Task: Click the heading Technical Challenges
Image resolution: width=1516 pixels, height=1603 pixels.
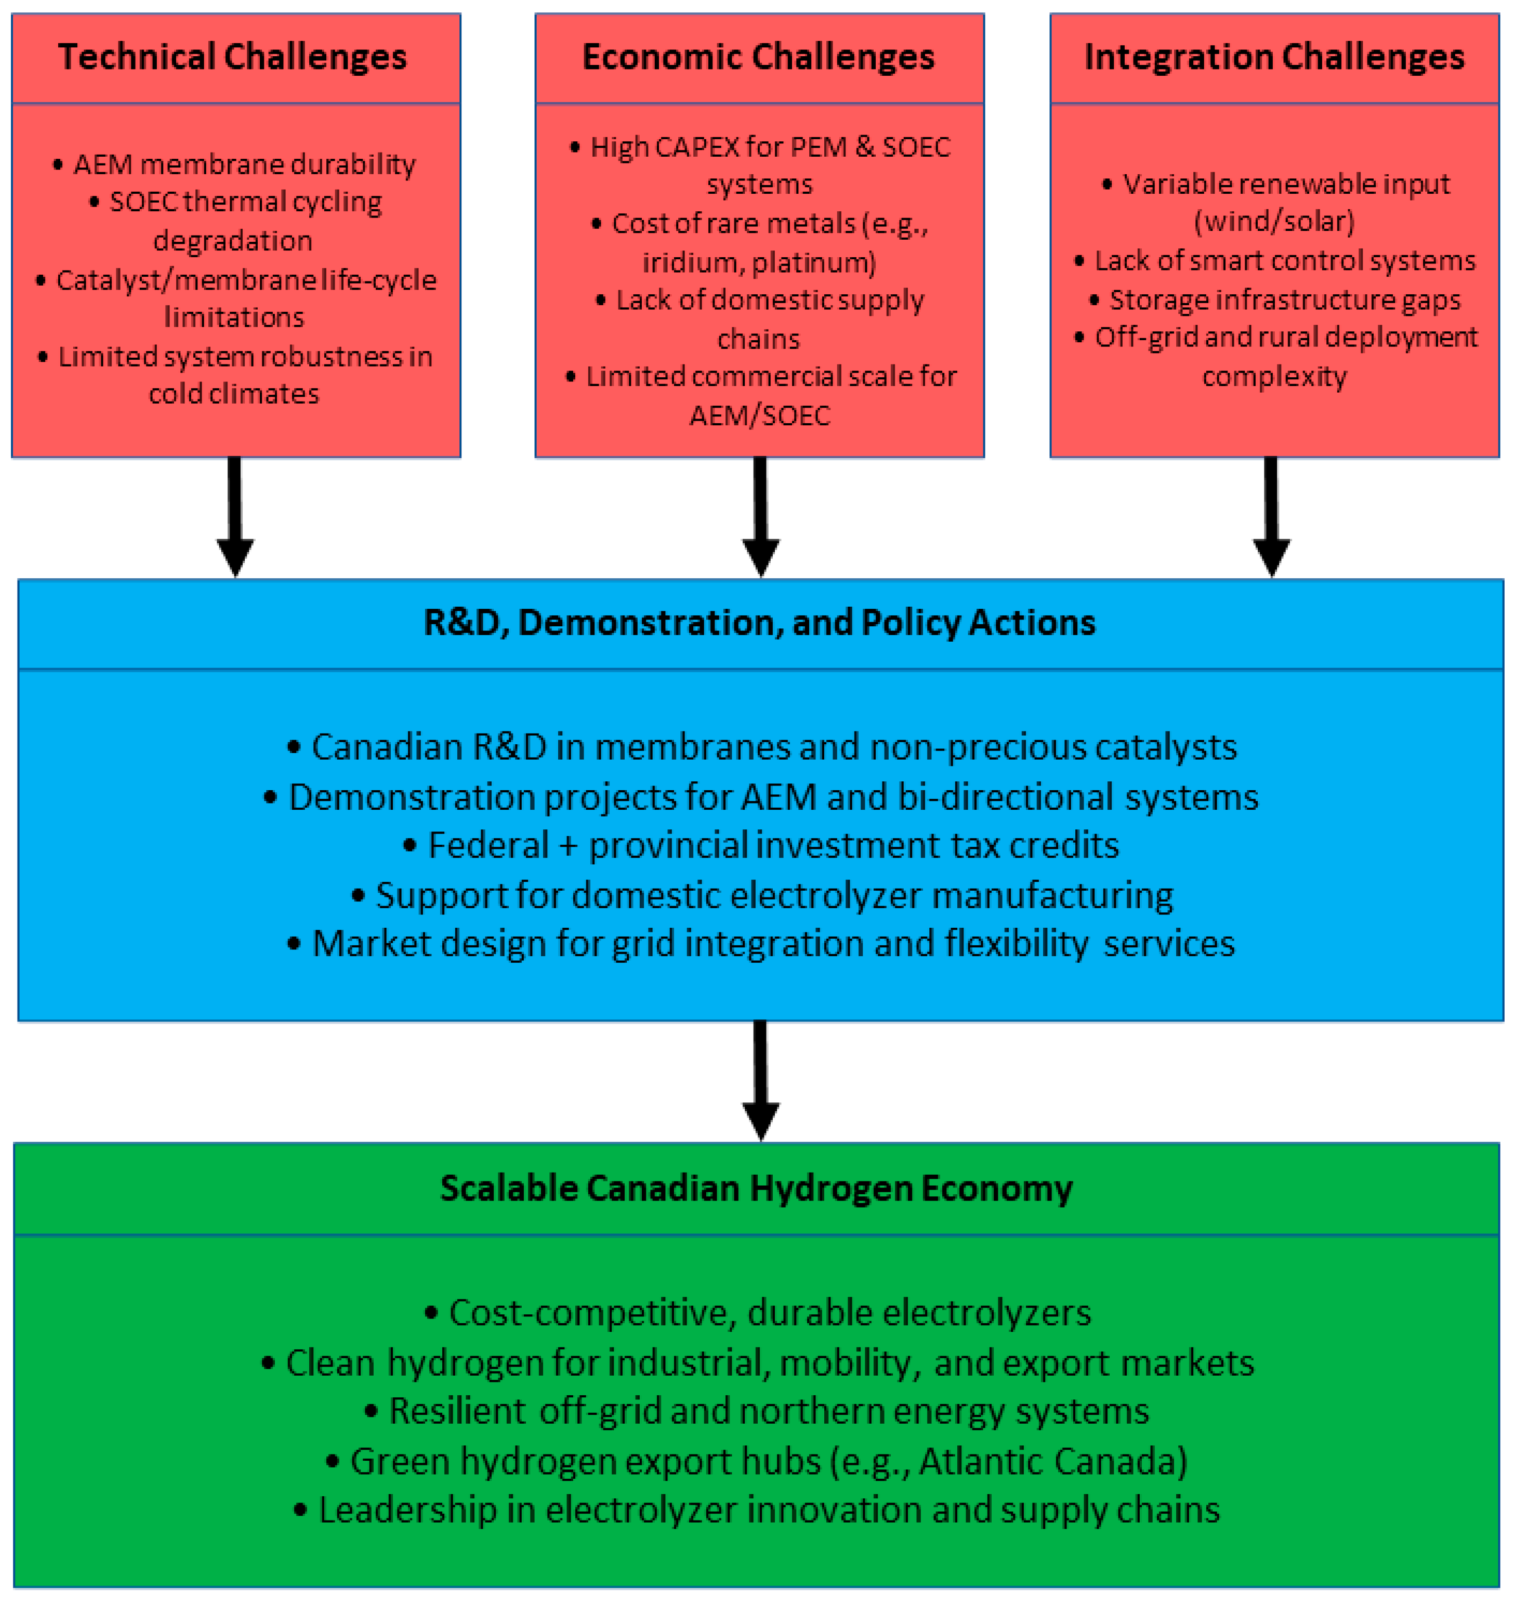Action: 232,57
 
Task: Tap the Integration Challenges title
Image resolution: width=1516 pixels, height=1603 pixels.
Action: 1274,57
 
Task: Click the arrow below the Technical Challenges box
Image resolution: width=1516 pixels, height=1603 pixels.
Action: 235,517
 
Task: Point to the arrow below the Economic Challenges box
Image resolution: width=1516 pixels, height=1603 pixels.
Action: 760,517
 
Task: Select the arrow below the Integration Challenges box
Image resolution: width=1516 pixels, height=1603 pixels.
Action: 1271,517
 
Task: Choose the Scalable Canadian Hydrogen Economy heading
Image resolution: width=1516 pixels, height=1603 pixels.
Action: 756,1189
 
